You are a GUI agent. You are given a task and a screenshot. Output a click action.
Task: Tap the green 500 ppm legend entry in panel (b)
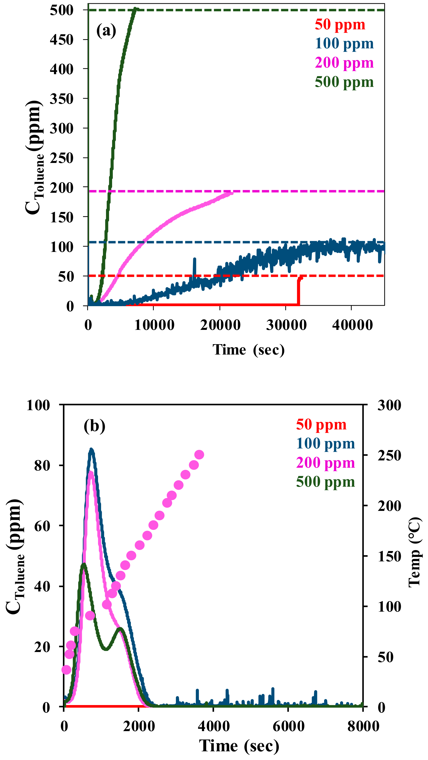click(x=326, y=482)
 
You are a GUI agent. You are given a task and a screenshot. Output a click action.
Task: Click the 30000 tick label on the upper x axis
click(x=286, y=325)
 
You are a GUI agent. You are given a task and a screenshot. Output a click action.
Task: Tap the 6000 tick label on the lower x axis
click(x=288, y=726)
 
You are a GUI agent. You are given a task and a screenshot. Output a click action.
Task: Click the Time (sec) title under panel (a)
click(x=249, y=350)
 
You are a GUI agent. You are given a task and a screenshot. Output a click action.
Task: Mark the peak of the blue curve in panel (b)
click(x=91, y=450)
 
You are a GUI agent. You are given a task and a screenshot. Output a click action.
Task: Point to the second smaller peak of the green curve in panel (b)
click(x=120, y=629)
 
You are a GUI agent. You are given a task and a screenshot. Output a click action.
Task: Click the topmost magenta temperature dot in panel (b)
click(x=199, y=455)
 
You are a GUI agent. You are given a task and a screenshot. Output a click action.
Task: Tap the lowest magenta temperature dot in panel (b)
click(x=67, y=676)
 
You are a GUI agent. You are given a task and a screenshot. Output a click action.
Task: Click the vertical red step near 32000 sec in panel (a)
click(x=298, y=292)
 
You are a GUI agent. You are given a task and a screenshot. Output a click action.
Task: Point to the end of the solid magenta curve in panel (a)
click(x=232, y=193)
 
